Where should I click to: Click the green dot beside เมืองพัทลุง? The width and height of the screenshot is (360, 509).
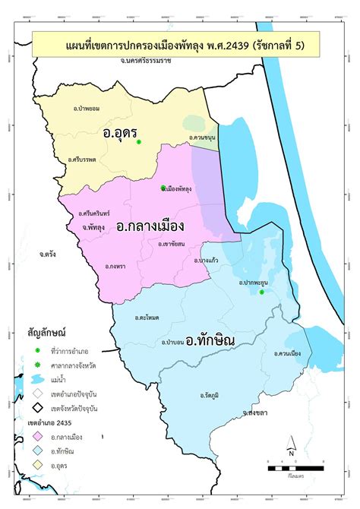tap(163, 188)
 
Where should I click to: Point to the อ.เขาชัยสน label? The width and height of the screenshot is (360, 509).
tap(171, 245)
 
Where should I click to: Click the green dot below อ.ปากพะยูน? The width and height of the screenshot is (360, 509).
tap(261, 292)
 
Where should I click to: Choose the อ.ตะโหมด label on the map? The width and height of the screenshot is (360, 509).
tap(147, 317)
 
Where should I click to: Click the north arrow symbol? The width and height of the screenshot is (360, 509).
tap(291, 447)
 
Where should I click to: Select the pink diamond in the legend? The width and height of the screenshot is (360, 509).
tap(36, 436)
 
